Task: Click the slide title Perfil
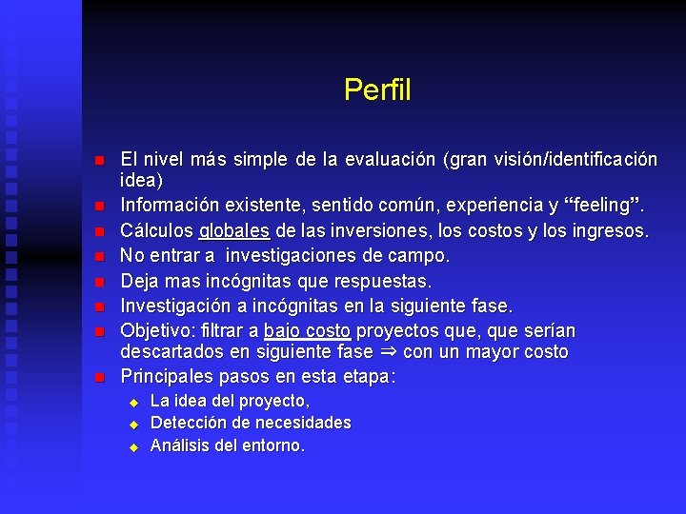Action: click(x=377, y=90)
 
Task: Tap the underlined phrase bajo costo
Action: click(x=307, y=331)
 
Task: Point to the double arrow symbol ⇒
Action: click(x=386, y=353)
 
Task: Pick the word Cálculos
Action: click(x=157, y=231)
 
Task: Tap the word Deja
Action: click(x=139, y=282)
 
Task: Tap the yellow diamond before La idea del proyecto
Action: click(x=134, y=402)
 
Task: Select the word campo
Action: click(x=419, y=256)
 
